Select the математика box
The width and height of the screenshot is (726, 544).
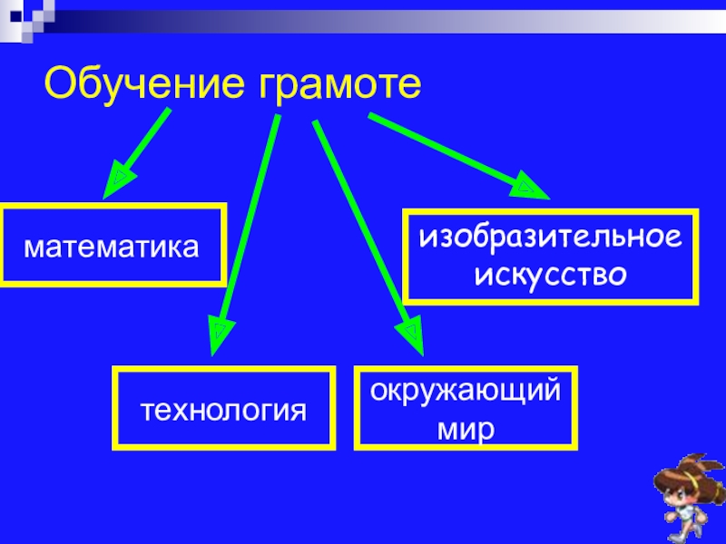[113, 246]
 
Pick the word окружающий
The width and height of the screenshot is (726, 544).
[465, 393]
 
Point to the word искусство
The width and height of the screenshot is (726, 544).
[550, 271]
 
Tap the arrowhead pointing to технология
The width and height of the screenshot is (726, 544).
[219, 335]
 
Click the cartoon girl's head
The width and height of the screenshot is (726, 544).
[683, 485]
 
